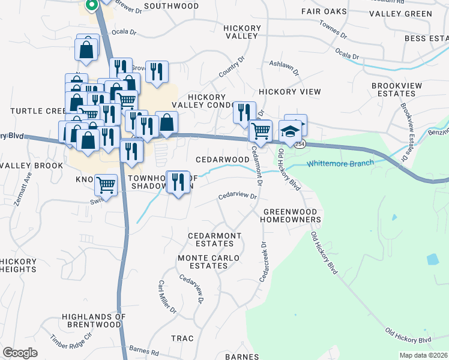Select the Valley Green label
coord(400,13)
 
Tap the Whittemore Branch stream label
coord(340,163)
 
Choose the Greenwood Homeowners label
coord(292,216)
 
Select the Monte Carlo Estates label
coord(208,262)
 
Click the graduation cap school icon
coord(290,132)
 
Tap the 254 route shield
coord(300,145)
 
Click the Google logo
coord(20,353)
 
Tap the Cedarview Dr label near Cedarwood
coord(238,196)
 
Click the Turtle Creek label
coord(37,111)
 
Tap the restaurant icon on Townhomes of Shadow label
coord(178,182)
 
